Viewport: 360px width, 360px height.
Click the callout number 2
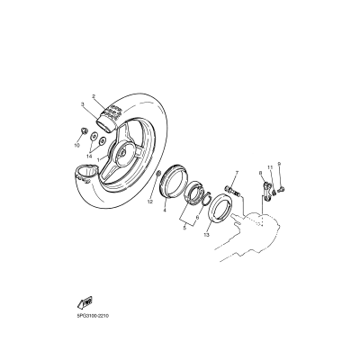click(x=94, y=96)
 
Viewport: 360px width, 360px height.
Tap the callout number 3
click(x=81, y=105)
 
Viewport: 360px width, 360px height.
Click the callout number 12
click(x=150, y=202)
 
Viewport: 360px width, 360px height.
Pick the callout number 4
click(x=165, y=211)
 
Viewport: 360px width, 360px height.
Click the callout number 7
click(x=238, y=172)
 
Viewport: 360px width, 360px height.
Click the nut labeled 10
click(x=84, y=133)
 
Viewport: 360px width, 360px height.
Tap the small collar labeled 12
click(x=158, y=172)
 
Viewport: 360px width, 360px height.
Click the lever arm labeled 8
click(x=267, y=189)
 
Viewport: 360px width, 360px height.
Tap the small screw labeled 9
click(x=281, y=188)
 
